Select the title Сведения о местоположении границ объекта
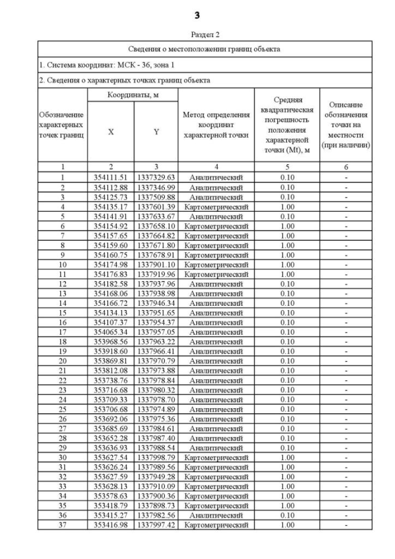point(204,48)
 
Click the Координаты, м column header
point(133,95)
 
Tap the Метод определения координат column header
point(216,125)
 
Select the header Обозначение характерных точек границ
point(62,125)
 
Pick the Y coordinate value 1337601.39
point(156,206)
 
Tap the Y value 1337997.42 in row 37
point(156,525)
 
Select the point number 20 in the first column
point(62,361)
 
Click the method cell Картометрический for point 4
point(216,206)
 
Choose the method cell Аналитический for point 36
point(216,515)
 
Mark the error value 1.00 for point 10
point(286,264)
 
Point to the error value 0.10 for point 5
point(286,216)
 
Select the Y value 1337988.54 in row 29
point(156,448)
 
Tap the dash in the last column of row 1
point(346,177)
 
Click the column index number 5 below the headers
point(286,167)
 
